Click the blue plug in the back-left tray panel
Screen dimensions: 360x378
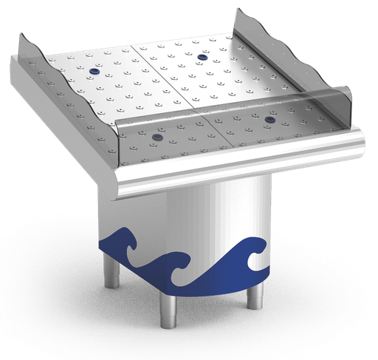point(94,71)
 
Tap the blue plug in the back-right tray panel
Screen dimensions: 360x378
point(202,57)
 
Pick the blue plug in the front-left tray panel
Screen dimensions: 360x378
point(157,137)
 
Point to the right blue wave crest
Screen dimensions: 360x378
point(255,251)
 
